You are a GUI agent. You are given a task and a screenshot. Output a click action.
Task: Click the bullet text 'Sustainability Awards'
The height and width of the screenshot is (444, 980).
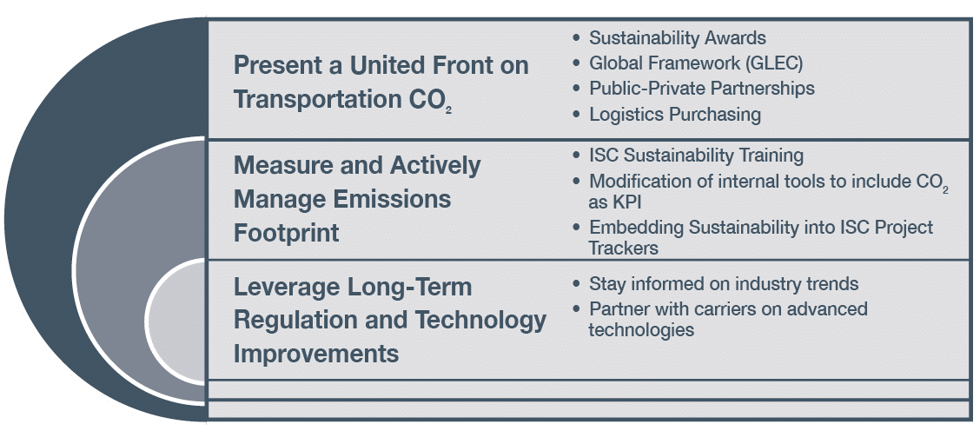point(678,37)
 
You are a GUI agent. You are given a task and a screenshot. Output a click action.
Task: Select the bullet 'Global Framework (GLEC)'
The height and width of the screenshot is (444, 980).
point(696,63)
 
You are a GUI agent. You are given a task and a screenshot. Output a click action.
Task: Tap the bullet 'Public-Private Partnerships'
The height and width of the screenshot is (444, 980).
point(702,89)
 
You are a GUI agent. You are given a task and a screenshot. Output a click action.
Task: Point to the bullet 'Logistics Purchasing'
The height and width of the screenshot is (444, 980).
point(675,115)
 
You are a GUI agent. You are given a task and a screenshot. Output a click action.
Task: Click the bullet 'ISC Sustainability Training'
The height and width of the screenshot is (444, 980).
point(696,155)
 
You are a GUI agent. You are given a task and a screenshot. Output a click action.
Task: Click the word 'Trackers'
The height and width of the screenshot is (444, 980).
point(623,248)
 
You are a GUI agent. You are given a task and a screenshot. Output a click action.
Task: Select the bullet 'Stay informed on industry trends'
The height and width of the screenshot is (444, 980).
point(724,284)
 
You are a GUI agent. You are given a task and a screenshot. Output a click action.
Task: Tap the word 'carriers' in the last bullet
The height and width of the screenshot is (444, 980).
point(723,309)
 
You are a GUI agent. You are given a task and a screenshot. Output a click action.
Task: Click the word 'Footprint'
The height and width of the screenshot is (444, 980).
point(286,233)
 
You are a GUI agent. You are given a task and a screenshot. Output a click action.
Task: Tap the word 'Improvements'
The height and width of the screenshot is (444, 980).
point(316,354)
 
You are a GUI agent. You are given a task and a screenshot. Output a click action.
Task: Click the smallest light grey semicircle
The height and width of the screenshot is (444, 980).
point(177,320)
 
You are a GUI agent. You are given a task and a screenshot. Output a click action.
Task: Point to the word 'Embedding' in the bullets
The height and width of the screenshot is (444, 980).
point(635,229)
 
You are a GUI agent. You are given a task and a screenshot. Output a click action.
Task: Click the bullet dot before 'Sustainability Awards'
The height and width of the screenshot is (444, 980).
point(576,38)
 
